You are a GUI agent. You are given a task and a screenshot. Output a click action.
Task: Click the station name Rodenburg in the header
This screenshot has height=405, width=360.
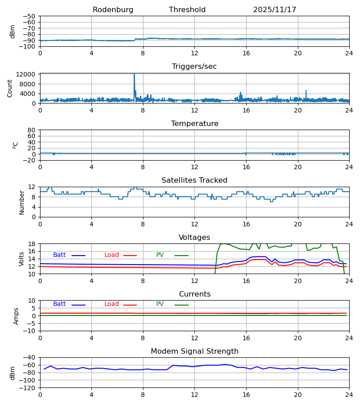pyautogui.click(x=113, y=10)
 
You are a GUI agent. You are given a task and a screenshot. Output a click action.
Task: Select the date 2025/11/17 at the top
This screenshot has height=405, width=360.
pyautogui.click(x=274, y=10)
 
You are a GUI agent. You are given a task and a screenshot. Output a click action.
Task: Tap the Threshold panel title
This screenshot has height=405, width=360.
pyautogui.click(x=187, y=10)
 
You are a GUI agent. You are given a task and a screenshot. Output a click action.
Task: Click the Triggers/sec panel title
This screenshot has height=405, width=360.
pyautogui.click(x=194, y=67)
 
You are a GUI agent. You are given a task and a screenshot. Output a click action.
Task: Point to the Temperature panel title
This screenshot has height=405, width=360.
pyautogui.click(x=194, y=124)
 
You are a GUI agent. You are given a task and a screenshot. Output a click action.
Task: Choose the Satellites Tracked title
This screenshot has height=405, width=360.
pyautogui.click(x=194, y=180)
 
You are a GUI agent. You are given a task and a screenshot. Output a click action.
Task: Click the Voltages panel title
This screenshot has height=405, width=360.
pyautogui.click(x=194, y=238)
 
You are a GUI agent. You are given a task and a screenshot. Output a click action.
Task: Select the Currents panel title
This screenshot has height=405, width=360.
pyautogui.click(x=194, y=294)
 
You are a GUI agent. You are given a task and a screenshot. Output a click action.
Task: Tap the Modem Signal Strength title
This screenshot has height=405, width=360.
pyautogui.click(x=194, y=351)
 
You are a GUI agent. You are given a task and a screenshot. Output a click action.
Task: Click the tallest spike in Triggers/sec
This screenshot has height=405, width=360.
pyautogui.click(x=134, y=74)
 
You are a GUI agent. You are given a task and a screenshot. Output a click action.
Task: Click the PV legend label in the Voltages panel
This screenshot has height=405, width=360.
pyautogui.click(x=160, y=255)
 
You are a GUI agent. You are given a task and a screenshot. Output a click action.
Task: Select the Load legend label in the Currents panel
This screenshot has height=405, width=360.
pyautogui.click(x=112, y=304)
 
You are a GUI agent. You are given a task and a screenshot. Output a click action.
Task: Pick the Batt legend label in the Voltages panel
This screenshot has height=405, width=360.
pyautogui.click(x=59, y=255)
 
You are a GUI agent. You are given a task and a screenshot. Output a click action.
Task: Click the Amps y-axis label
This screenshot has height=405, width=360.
pyautogui.click(x=16, y=316)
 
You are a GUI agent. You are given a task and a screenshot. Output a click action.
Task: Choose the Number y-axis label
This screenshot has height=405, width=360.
pyautogui.click(x=22, y=202)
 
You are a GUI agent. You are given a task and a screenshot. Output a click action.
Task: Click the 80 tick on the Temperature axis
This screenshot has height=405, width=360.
pyautogui.click(x=31, y=130)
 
